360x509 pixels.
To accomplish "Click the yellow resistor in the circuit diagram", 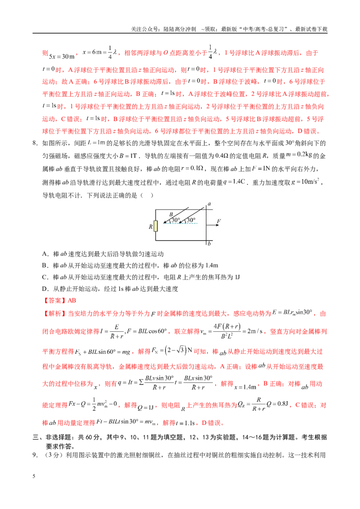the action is click(x=156, y=226).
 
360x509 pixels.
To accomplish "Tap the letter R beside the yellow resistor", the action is click(x=150, y=227).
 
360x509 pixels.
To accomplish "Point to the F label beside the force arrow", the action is click(x=219, y=221).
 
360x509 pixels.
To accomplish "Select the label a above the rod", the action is click(x=209, y=204).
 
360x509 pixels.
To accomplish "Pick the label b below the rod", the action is click(x=209, y=243).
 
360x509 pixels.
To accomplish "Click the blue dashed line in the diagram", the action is click(x=180, y=223).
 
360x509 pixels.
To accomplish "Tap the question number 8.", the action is click(x=35, y=143).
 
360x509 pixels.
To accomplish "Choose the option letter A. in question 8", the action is click(x=45, y=254).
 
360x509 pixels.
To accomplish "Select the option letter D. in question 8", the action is click(x=45, y=289).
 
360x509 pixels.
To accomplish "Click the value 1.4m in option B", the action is click(x=211, y=266).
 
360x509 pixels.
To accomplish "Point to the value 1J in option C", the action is click(x=237, y=277).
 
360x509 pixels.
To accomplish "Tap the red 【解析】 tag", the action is click(x=54, y=313).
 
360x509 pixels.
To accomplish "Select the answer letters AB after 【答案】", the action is click(x=72, y=301).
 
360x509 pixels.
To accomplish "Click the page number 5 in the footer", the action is click(x=34, y=476).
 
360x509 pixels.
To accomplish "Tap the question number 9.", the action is click(x=35, y=455).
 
